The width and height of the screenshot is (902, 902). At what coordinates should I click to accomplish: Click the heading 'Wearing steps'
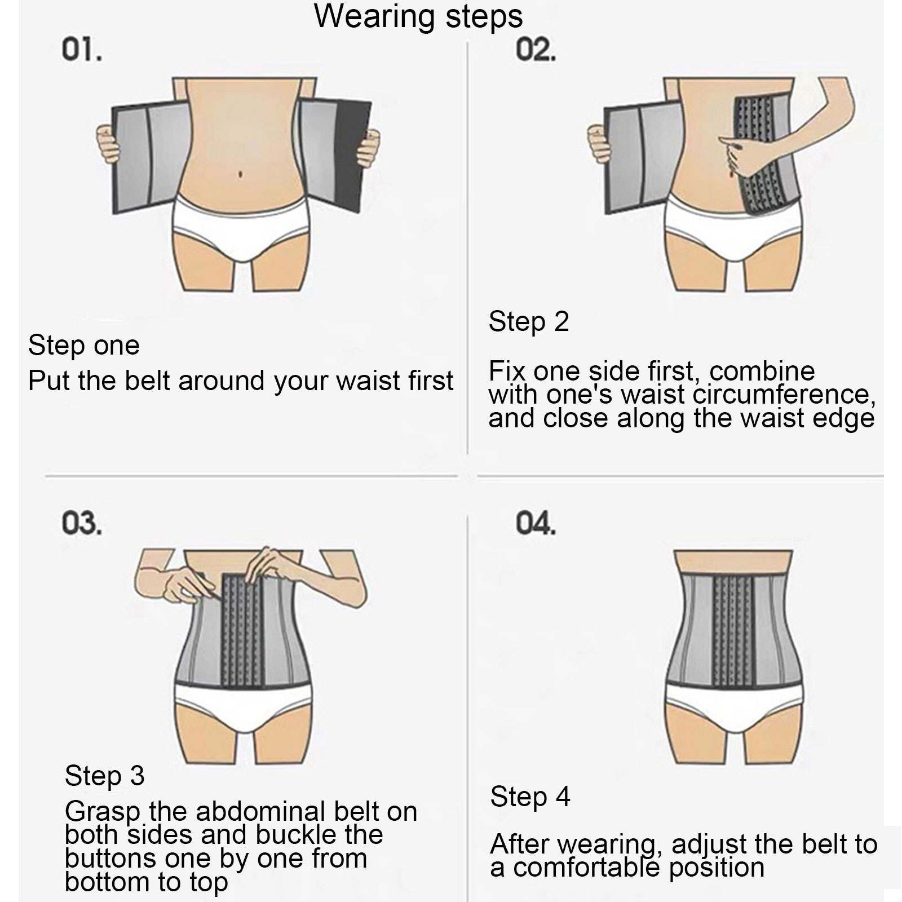click(418, 16)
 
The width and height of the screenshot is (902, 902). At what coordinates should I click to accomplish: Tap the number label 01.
click(82, 51)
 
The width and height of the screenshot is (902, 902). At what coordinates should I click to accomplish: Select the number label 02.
click(536, 51)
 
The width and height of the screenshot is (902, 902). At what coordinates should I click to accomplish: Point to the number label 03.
click(82, 524)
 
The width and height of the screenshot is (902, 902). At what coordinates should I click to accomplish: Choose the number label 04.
click(536, 524)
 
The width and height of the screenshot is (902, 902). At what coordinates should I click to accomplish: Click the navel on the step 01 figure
click(241, 174)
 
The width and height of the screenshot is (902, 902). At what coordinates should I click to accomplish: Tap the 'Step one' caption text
click(84, 345)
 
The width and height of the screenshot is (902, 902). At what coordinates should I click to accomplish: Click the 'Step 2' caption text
click(529, 322)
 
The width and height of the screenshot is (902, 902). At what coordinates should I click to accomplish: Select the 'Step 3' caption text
click(105, 776)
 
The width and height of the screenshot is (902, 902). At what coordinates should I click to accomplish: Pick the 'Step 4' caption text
click(530, 797)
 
